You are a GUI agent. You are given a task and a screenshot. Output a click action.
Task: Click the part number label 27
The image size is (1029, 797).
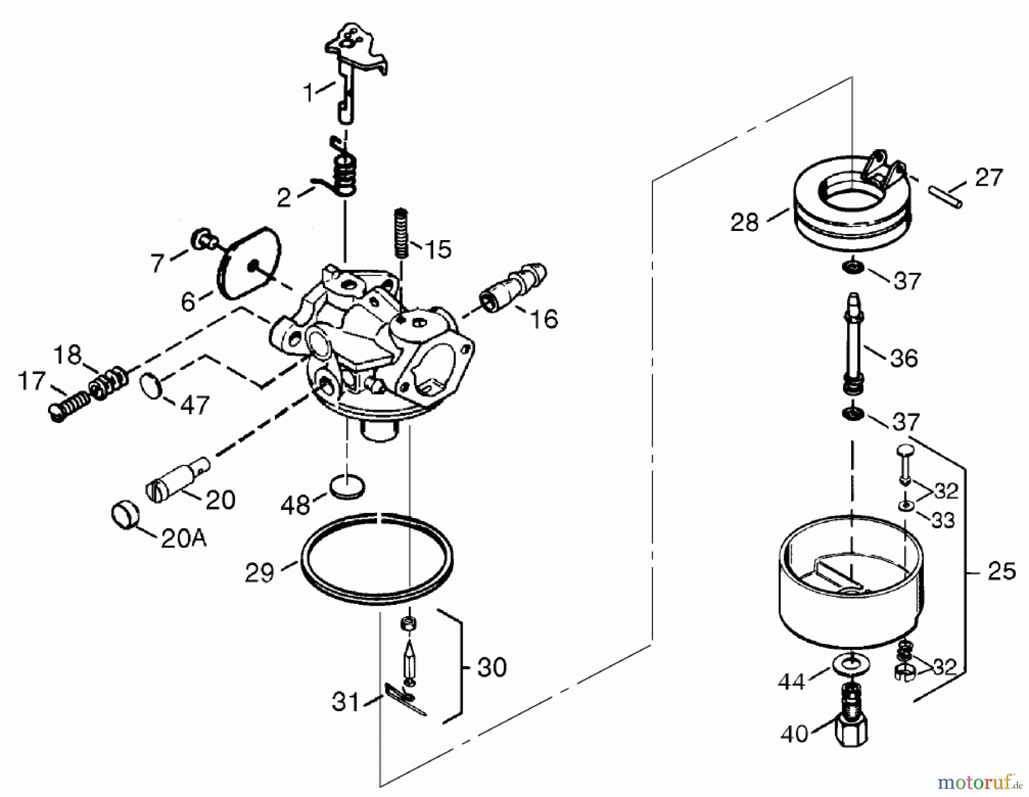pyautogui.click(x=989, y=178)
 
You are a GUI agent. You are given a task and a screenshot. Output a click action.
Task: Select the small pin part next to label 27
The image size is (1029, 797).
pyautogui.click(x=946, y=196)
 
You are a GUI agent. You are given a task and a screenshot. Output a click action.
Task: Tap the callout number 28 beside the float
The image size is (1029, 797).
pyautogui.click(x=744, y=222)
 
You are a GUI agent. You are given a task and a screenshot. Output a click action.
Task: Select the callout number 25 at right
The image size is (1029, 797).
pyautogui.click(x=1002, y=571)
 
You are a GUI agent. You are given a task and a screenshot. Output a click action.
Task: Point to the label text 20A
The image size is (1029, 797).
pyautogui.click(x=183, y=539)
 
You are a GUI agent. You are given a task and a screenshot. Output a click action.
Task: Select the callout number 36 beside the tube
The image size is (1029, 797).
pyautogui.click(x=903, y=358)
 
